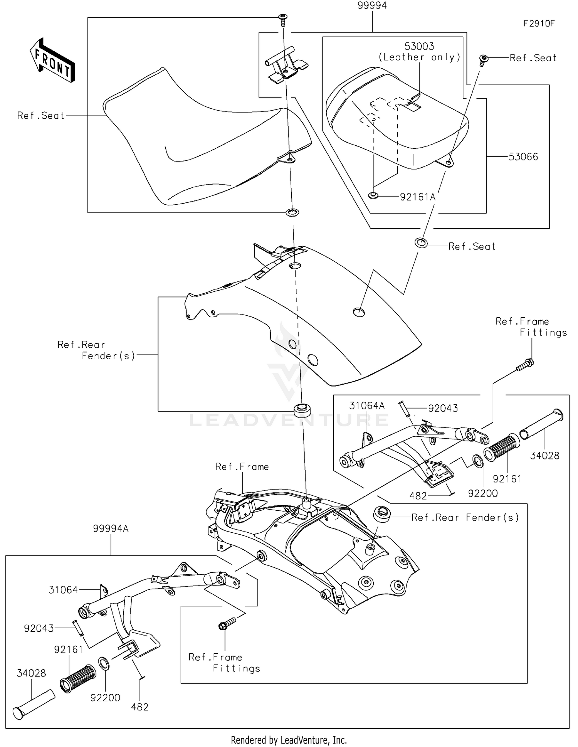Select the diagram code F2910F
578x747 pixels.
pos(538,24)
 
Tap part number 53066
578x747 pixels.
pos(523,157)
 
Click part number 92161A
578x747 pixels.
pos(417,197)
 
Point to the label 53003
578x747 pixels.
pos(419,47)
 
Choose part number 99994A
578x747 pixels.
pos(111,529)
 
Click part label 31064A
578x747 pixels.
pos(367,405)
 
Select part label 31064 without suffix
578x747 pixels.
pos(63,590)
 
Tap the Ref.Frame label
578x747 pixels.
pos(242,467)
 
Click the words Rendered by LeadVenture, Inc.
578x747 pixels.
pos(289,740)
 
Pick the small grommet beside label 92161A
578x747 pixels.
pos(373,196)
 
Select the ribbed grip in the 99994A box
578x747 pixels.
pos(78,679)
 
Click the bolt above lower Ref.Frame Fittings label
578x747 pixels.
pos(227,624)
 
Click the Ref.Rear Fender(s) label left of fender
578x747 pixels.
pos(96,350)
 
